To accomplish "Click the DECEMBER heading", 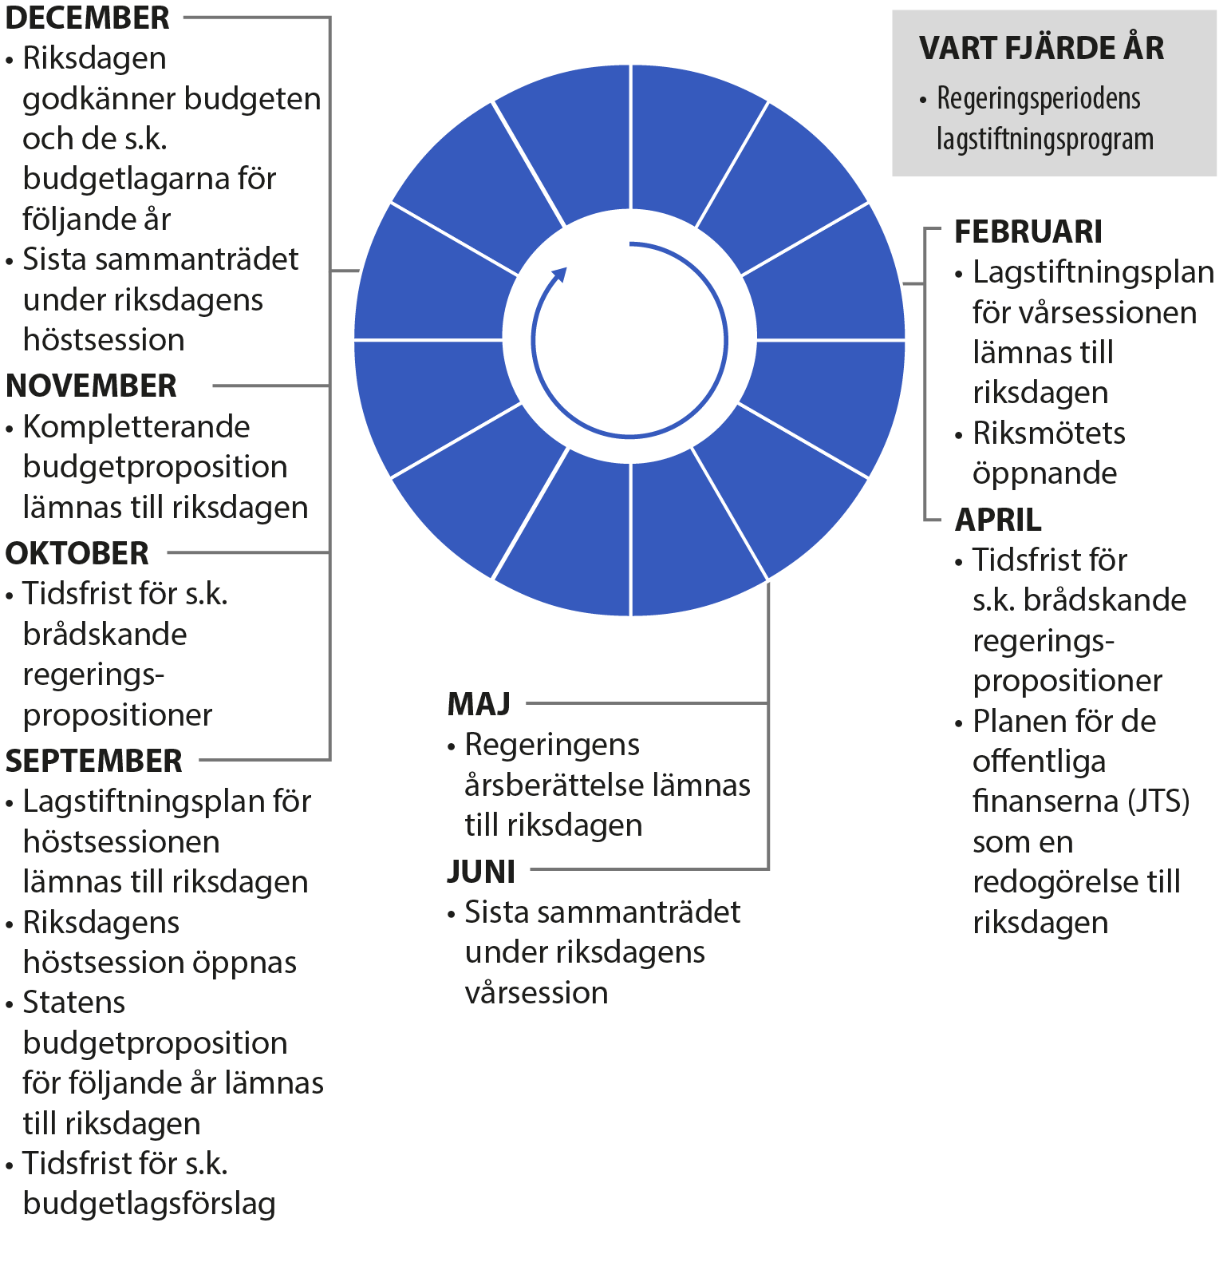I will [87, 18].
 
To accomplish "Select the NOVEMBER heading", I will [91, 386].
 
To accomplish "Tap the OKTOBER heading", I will [77, 553].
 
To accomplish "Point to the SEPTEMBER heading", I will [93, 761].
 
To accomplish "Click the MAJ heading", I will [479, 704].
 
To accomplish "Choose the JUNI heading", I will [481, 871].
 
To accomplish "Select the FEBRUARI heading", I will [1028, 232].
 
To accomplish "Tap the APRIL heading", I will [998, 520].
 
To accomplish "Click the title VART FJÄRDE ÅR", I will [1041, 48].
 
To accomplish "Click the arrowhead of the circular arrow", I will [560, 275].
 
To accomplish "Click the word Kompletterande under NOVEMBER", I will [136, 427].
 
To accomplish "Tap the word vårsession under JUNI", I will [536, 993].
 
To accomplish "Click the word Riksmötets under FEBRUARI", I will [1048, 433].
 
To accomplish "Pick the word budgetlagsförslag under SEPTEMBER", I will [149, 1204].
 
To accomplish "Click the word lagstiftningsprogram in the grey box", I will [1044, 140].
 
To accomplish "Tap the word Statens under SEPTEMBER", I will [74, 1003].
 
